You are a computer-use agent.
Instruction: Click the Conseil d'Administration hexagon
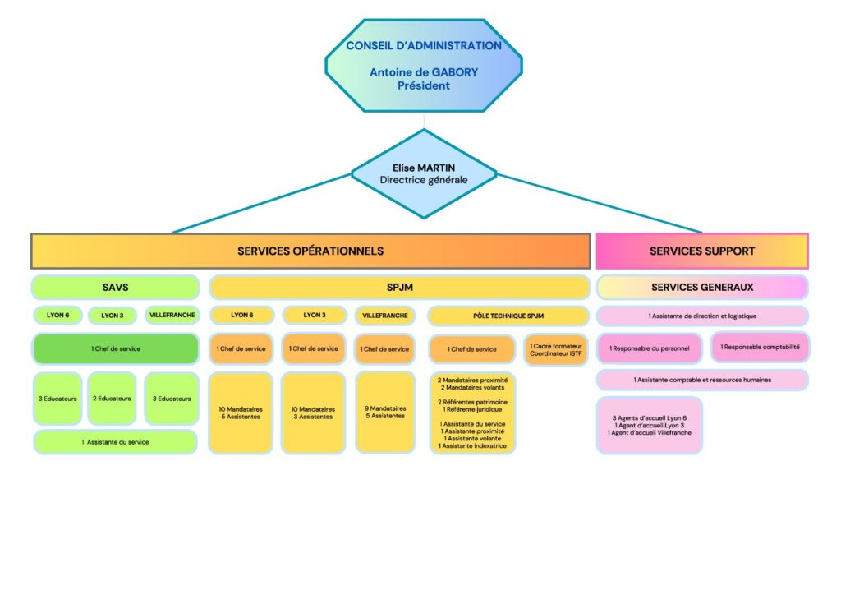pyautogui.click(x=423, y=66)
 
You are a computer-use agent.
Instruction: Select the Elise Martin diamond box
pyautogui.click(x=424, y=173)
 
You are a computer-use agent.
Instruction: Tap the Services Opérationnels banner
pyautogui.click(x=310, y=251)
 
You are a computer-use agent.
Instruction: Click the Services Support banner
pyautogui.click(x=701, y=251)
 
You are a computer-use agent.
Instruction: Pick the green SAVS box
pyautogui.click(x=116, y=287)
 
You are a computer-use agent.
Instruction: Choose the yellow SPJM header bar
pyautogui.click(x=399, y=287)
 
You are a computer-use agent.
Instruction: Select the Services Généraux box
pyautogui.click(x=702, y=287)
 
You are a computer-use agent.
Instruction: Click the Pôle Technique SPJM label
pyautogui.click(x=508, y=316)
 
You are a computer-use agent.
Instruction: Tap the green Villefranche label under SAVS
pyautogui.click(x=172, y=316)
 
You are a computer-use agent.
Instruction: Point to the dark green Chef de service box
pyautogui.click(x=116, y=348)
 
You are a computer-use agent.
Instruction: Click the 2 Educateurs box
pyautogui.click(x=112, y=399)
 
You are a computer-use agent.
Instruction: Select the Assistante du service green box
pyautogui.click(x=116, y=442)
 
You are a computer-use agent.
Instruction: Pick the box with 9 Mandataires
pyautogui.click(x=385, y=412)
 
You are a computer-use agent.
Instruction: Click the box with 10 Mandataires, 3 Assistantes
pyautogui.click(x=313, y=413)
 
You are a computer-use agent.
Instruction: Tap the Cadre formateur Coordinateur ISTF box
pyautogui.click(x=556, y=349)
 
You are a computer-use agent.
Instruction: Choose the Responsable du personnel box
pyautogui.click(x=649, y=348)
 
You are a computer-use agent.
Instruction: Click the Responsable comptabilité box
pyautogui.click(x=760, y=347)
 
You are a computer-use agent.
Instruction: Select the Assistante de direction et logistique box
pyautogui.click(x=702, y=316)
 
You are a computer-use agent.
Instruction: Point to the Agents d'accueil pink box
pyautogui.click(x=650, y=425)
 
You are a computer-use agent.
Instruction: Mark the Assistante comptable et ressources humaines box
pyautogui.click(x=702, y=380)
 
